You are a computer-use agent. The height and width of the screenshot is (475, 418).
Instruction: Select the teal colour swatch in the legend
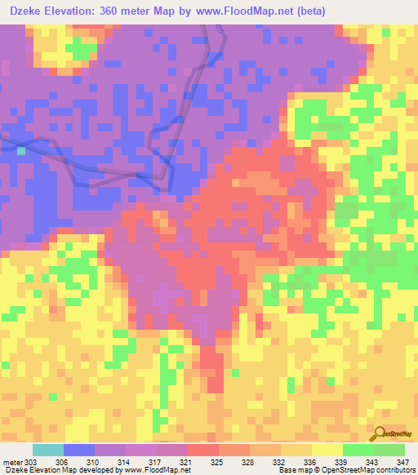[48, 450]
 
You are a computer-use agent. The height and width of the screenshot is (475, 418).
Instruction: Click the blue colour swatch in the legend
[79, 450]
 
